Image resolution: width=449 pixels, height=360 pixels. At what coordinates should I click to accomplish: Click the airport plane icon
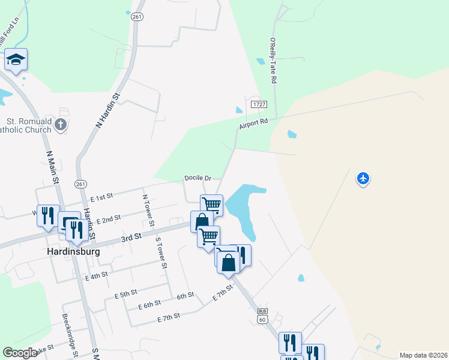pos(363,178)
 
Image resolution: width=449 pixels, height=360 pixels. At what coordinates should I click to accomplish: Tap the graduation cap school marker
pos(16,59)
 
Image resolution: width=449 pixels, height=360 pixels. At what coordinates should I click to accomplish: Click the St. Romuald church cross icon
pos(60,125)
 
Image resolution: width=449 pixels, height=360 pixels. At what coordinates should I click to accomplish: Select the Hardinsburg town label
pos(73,252)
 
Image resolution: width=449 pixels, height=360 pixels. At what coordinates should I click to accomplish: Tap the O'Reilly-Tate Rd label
pos(273,62)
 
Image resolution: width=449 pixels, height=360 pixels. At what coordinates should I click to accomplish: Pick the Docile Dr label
pos(198,178)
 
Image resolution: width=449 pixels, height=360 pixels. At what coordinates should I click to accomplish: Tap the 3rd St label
pos(131,238)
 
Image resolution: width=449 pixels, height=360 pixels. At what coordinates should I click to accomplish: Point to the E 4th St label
pos(96,276)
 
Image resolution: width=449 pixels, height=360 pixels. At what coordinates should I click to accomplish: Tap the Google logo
pos(20,353)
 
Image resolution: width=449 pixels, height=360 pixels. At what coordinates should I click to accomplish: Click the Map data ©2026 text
pos(423,355)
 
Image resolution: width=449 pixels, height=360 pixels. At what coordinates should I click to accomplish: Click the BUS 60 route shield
pos(262,316)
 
